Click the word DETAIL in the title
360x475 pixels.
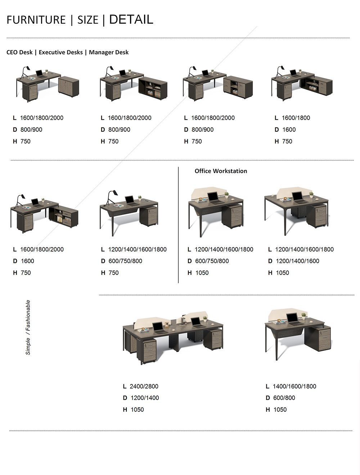[x=131, y=19]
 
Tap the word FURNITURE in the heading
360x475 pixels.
[x=36, y=20]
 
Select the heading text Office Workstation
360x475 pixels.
[x=221, y=171]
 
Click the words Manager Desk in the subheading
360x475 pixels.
[x=109, y=52]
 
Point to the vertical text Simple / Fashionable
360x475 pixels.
[x=28, y=327]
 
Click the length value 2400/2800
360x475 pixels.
[x=144, y=386]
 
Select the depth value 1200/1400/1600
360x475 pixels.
[x=297, y=261]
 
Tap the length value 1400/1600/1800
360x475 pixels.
[x=294, y=386]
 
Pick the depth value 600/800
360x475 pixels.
[x=284, y=398]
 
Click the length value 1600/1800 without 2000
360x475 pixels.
[x=296, y=118]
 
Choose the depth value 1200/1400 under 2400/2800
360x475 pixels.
[x=145, y=398]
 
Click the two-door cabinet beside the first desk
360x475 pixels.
[x=69, y=86]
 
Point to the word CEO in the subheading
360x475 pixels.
[x=12, y=52]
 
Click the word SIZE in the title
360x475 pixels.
[x=88, y=20]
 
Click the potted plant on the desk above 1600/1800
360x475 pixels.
[x=300, y=71]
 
